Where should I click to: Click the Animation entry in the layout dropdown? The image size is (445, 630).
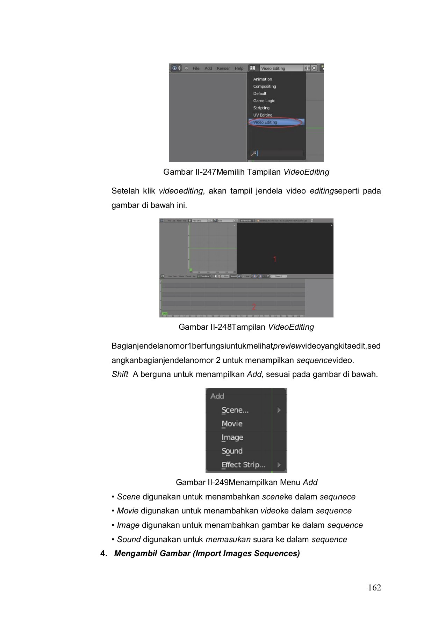coord(263,79)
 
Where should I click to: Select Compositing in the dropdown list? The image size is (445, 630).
coord(265,86)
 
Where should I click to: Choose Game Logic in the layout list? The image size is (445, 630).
coord(264,101)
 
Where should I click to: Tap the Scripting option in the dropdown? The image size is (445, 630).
coord(261,108)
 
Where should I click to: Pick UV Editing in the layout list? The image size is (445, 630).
coord(263,115)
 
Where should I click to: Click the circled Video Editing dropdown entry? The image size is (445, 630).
coord(265,122)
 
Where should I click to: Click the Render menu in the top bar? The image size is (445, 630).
coord(223,68)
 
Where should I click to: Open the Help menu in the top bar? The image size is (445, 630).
coord(239,68)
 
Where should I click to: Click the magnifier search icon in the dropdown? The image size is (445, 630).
coord(254,153)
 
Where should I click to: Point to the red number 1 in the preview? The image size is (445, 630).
coord(275,259)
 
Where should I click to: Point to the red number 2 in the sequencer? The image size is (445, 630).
coord(254,307)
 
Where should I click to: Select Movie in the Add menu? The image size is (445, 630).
coord(232,424)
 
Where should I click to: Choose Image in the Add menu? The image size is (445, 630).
coord(232,437)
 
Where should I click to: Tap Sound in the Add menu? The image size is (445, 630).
coord(232,451)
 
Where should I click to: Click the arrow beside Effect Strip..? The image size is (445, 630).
coord(279,465)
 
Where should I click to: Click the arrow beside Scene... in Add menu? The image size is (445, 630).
coord(279,410)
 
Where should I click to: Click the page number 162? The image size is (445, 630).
coord(374,588)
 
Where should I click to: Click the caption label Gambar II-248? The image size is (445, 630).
coord(205,327)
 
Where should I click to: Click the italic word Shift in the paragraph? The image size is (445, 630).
coord(120,374)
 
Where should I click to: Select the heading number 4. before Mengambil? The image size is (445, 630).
coord(103,553)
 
